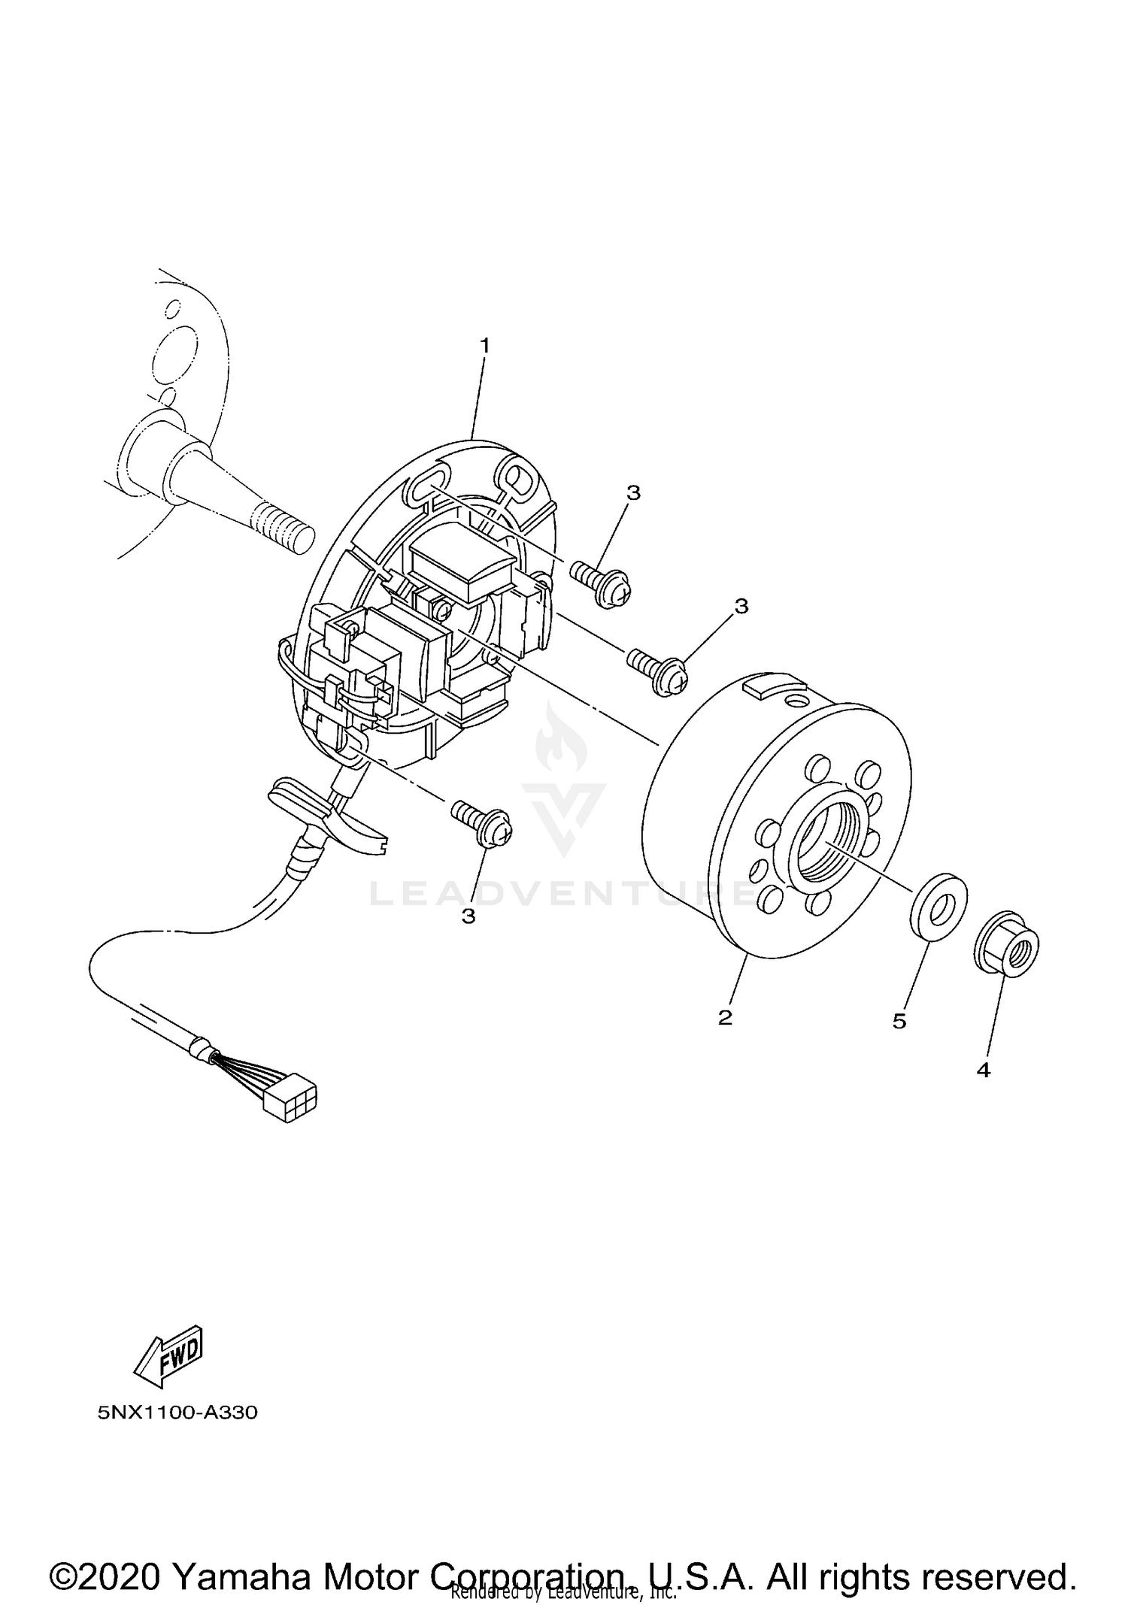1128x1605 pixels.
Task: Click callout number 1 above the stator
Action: click(485, 345)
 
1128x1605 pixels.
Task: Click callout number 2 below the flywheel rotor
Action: click(724, 1018)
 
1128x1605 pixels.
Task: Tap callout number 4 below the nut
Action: click(984, 1070)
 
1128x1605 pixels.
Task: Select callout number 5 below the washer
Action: click(899, 1021)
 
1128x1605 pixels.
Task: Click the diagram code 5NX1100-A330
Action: click(177, 1413)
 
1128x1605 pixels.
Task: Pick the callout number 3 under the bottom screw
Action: click(468, 916)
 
